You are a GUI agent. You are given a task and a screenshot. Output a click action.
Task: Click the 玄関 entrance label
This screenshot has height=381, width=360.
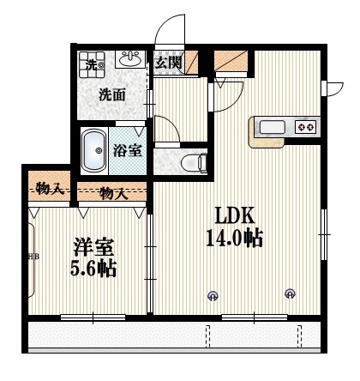[169, 62]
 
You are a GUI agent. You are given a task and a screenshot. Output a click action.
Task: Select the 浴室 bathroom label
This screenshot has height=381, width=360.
[129, 151]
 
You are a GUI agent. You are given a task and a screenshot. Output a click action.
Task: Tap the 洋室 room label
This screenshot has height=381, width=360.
[89, 244]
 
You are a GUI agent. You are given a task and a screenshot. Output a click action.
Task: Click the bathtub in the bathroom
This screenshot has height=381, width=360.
[95, 151]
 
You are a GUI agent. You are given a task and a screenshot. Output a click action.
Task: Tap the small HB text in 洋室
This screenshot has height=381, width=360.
[33, 256]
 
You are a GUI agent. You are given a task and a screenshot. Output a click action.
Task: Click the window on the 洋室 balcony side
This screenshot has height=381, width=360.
[89, 317]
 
